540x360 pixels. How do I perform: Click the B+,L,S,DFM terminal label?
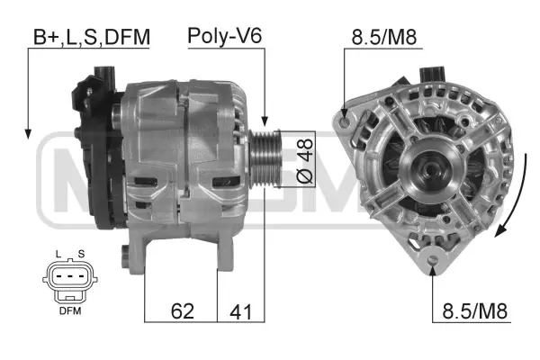tap(90, 37)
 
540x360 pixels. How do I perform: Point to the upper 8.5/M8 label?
tap(383, 37)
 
